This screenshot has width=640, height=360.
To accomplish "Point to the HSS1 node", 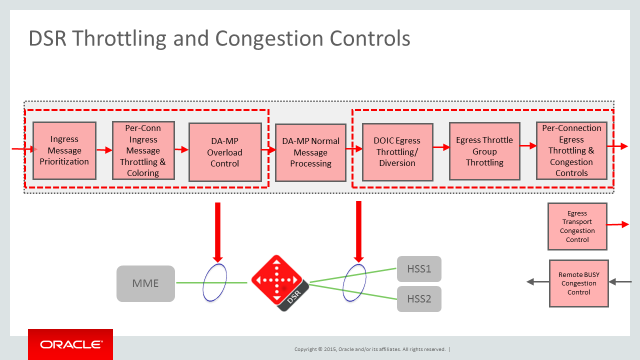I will (418, 268).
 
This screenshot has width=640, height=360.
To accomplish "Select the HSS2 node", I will (418, 298).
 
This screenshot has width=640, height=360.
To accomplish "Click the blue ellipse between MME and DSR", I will (212, 282).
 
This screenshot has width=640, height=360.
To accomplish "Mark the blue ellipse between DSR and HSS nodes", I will (354, 282).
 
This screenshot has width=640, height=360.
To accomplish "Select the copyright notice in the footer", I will (371, 349).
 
